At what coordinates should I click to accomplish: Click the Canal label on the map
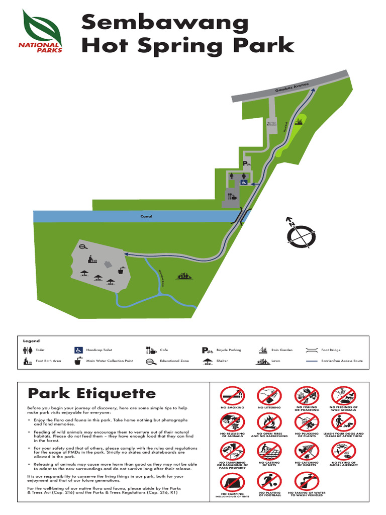(x=146, y=216)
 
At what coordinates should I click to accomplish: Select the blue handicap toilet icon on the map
(x=243, y=183)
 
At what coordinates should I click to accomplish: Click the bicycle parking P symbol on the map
(x=247, y=164)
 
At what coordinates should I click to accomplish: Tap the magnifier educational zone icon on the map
(x=83, y=246)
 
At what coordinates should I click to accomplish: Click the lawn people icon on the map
(x=184, y=276)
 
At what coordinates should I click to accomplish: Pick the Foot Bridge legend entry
(x=328, y=350)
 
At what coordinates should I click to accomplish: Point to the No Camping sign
(x=232, y=484)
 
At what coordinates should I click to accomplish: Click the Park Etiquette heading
(x=91, y=393)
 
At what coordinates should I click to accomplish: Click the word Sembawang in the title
(x=165, y=23)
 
